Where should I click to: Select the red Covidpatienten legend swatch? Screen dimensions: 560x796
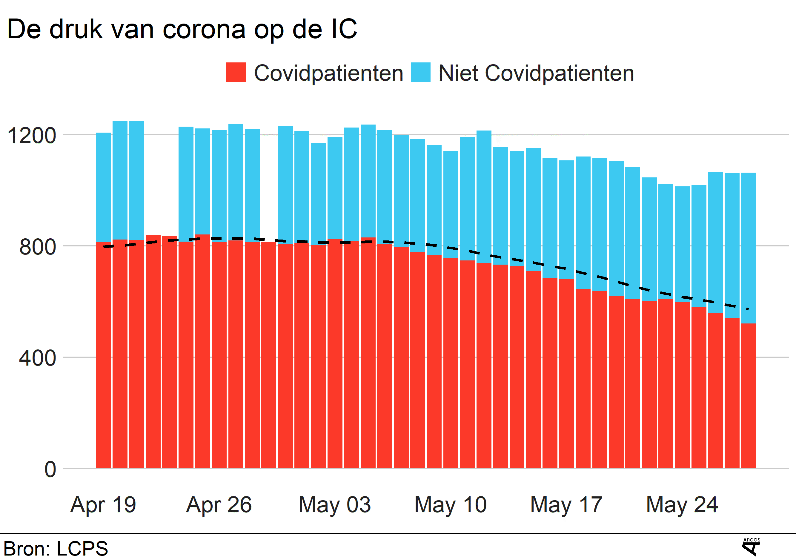click(236, 73)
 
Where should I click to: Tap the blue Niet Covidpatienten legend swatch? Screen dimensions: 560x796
click(420, 73)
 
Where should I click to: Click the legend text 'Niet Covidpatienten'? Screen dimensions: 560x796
click(536, 73)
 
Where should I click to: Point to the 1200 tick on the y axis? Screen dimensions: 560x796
click(32, 135)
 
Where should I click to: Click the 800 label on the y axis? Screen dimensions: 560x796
click(37, 247)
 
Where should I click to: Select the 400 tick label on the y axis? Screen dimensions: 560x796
click(37, 358)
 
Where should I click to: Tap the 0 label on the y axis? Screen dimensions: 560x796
click(50, 469)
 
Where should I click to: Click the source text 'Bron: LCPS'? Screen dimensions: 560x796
click(56, 549)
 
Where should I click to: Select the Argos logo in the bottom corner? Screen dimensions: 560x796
click(751, 547)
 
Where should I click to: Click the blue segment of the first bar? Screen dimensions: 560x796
click(103, 187)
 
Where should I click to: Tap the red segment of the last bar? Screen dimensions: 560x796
click(748, 395)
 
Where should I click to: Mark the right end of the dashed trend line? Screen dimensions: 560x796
click(748, 309)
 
